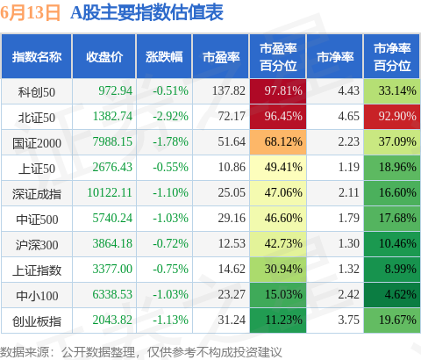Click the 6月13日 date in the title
(30, 13)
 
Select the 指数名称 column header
(37, 56)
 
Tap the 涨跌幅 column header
(164, 56)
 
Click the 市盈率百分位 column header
(278, 56)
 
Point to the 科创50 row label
(37, 92)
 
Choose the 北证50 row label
(37, 118)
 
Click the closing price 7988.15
(112, 142)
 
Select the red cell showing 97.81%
(278, 91)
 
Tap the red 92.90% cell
(392, 117)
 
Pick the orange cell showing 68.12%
(278, 142)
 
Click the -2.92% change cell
(171, 117)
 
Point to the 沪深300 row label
(37, 245)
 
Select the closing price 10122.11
(110, 193)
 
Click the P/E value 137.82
(229, 91)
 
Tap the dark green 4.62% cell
(392, 295)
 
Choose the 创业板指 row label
(37, 321)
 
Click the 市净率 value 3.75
(349, 320)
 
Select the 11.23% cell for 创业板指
(278, 320)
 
